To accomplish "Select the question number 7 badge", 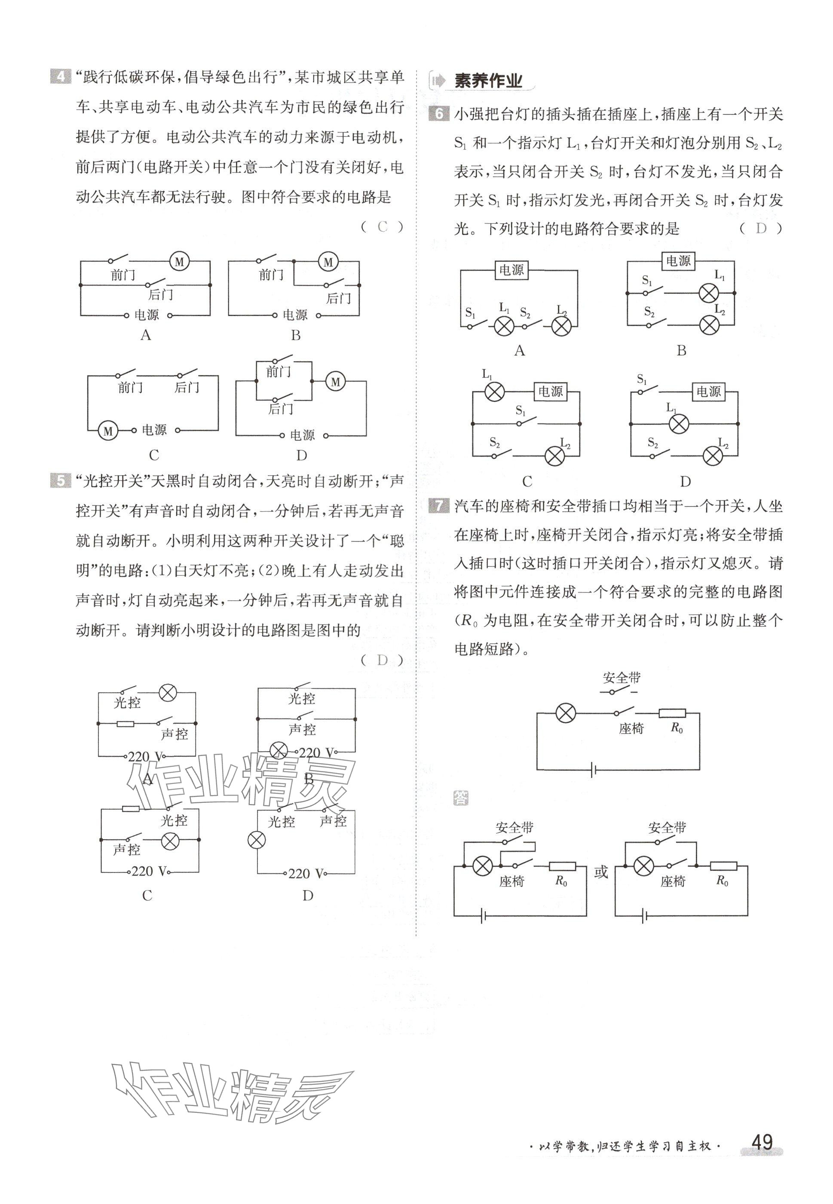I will tap(438, 505).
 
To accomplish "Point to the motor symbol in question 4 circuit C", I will tap(108, 431).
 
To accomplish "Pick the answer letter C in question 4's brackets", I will tap(383, 227).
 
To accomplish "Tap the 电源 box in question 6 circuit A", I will tap(511, 270).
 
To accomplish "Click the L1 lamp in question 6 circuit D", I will tap(679, 424).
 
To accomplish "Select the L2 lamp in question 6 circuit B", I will tap(709, 325).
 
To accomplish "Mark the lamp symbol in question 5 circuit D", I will tap(256, 841).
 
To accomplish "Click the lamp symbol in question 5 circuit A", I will tap(168, 693).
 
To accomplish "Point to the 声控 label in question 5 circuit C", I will tap(127, 850).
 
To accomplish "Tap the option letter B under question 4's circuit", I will tap(295, 335).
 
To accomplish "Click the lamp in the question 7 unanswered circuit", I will tap(565, 713).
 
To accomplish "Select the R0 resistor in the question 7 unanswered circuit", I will tap(672, 713).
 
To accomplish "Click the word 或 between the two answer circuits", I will tap(601, 872).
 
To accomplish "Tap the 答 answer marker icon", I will tap(461, 798).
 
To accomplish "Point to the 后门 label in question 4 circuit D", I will tap(281, 409).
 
